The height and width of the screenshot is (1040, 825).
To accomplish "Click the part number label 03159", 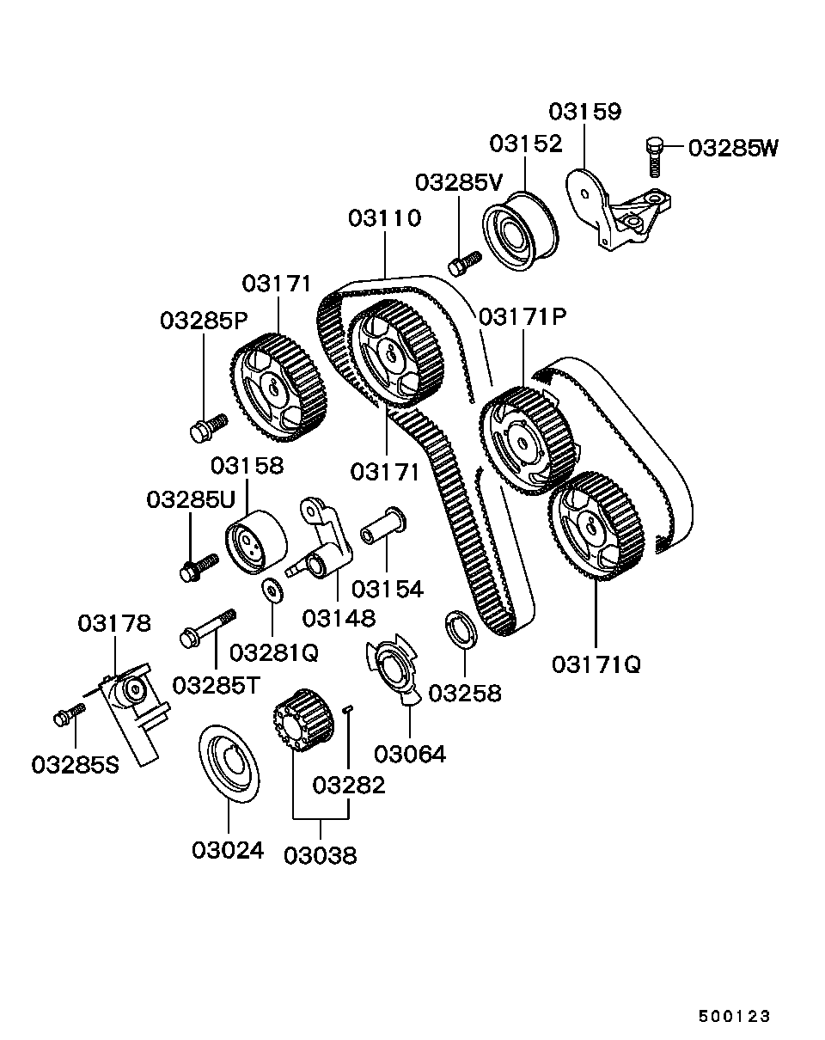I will (584, 112).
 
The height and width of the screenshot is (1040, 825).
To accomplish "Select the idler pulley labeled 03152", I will (520, 232).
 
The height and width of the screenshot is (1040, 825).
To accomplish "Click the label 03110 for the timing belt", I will (384, 218).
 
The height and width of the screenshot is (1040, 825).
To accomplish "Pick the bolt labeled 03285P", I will (206, 427).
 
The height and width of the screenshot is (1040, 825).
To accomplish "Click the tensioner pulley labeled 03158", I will (254, 541).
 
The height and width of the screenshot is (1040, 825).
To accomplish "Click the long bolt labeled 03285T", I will (208, 627).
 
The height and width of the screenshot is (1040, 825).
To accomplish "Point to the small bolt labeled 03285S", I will (70, 713).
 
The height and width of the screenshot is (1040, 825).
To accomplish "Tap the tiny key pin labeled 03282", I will (348, 709).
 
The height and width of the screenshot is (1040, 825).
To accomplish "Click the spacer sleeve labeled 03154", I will (382, 527).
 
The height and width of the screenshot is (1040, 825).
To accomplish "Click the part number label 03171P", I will (522, 317).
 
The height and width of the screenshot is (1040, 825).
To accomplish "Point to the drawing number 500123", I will (734, 1016).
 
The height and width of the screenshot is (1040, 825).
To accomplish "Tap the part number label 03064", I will (410, 754).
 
